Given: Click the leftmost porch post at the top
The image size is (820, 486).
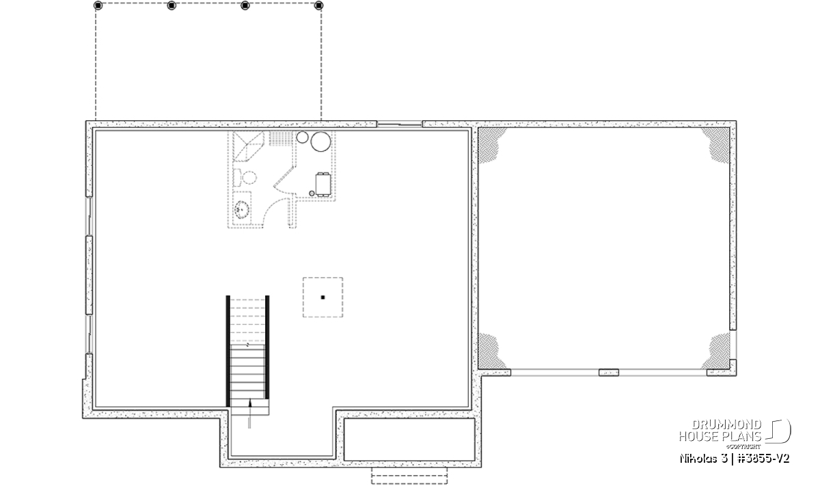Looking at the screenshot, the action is click(x=98, y=5).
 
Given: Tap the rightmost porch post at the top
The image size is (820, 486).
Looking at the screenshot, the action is click(x=318, y=5).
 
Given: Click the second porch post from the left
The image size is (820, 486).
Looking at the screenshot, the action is click(x=172, y=5).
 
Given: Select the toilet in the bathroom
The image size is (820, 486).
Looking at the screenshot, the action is click(x=245, y=178).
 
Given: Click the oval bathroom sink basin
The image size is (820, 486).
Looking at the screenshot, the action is click(x=242, y=210).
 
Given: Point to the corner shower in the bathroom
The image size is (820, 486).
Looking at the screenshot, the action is click(x=249, y=146).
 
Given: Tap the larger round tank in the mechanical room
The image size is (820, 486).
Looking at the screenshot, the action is click(x=320, y=141).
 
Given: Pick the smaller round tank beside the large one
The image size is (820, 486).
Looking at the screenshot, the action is click(x=302, y=137).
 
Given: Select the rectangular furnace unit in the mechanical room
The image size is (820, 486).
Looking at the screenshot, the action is click(x=323, y=185).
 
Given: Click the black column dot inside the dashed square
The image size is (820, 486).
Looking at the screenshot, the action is click(x=323, y=297).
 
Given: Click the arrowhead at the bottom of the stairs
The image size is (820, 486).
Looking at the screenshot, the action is click(x=250, y=403).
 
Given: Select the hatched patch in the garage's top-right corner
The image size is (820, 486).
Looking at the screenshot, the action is click(x=715, y=146).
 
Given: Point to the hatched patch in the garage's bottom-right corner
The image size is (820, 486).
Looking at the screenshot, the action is click(x=715, y=351).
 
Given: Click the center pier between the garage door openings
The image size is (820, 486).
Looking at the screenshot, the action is click(x=609, y=373).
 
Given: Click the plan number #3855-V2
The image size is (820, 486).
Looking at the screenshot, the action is click(x=763, y=459).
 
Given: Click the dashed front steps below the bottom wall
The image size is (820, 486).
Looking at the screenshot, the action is click(x=409, y=475).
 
